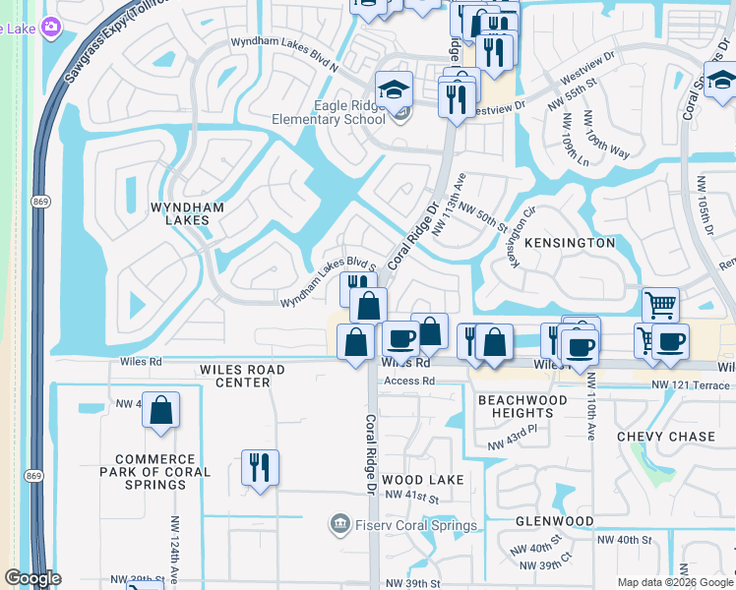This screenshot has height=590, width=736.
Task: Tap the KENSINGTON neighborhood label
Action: [570, 242]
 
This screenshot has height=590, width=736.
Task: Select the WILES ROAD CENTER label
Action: [242, 376]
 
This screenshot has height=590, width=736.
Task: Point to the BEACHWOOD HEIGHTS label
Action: [522, 406]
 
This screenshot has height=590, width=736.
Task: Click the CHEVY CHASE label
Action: [665, 436]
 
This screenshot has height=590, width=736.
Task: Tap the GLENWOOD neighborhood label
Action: [555, 520]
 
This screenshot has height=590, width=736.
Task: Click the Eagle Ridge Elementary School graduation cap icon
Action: [395, 89]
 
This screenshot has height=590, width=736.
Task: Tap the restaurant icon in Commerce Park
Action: [260, 467]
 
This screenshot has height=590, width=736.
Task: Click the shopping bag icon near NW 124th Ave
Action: [161, 409]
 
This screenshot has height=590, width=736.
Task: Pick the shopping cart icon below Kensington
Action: [659, 305]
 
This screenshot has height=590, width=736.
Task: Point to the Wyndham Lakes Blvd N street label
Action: [283, 42]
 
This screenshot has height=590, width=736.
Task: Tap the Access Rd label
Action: [408, 382]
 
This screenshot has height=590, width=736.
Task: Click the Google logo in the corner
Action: [32, 578]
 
